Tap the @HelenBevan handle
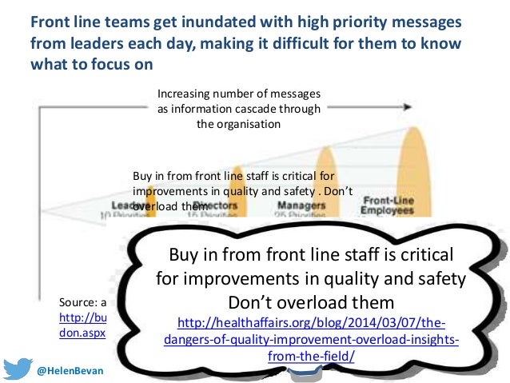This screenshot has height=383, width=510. [x=73, y=372]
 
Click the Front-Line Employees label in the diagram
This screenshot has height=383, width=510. [x=387, y=205]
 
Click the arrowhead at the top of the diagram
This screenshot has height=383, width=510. [x=408, y=106]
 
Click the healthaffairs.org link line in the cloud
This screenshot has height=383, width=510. [x=312, y=324]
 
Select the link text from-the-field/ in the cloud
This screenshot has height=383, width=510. [x=312, y=354]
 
